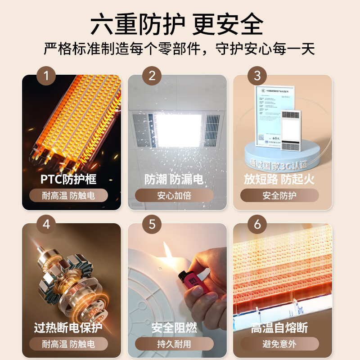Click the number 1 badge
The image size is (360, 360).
tap(46, 76)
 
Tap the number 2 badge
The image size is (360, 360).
tap(152, 76)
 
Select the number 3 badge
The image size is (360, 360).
tap(257, 76)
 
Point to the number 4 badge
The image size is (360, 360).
tap(46, 224)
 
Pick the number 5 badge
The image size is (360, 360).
tap(152, 224)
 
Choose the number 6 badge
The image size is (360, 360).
tap(257, 224)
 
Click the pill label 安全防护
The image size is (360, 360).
tap(279, 196)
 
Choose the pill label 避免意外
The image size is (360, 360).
tap(279, 344)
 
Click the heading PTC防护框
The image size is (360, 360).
tap(68, 179)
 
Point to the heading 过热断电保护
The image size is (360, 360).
tap(68, 328)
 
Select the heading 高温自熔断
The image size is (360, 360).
tap(279, 328)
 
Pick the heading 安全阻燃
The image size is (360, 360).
tap(174, 328)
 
